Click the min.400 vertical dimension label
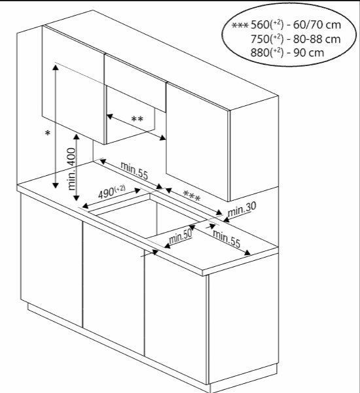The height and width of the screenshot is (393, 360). click(x=71, y=167)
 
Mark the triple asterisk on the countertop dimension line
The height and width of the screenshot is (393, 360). click(x=191, y=196)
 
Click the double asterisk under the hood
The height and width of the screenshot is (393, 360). click(x=137, y=119)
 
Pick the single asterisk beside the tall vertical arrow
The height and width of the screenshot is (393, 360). click(x=46, y=134)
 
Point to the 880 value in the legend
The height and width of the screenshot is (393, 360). click(x=262, y=52)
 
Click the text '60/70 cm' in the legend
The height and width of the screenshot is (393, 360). click(x=319, y=25)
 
